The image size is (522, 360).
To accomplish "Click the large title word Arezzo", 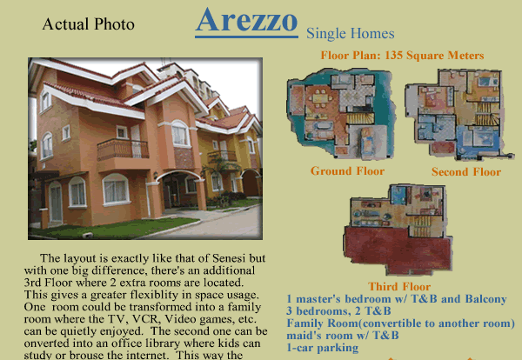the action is (246, 20).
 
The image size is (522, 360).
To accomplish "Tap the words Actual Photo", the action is (88, 24).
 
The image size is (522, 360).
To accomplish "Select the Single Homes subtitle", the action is (351, 34).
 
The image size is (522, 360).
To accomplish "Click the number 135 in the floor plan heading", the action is (394, 56).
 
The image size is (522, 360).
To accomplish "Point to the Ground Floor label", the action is (347, 171).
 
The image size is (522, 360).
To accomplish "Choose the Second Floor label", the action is (466, 171).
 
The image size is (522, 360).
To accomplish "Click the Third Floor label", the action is (399, 286).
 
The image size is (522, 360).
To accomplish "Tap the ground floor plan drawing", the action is (341, 114).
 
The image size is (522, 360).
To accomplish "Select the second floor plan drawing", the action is (458, 114).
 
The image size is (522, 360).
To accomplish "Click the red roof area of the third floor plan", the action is (398, 249).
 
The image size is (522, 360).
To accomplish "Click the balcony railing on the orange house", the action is (123, 150).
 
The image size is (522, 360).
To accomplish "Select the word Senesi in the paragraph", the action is (229, 258).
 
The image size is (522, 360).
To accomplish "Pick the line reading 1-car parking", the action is (323, 347).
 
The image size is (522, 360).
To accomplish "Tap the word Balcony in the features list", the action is (485, 299).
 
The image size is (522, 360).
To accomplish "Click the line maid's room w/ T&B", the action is (343, 335).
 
